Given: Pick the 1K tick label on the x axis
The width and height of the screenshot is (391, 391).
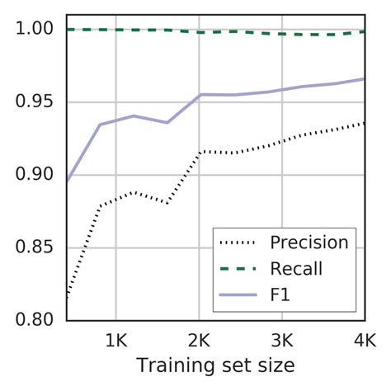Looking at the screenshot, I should [115, 340].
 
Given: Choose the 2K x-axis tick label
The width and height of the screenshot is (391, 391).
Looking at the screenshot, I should [199, 340].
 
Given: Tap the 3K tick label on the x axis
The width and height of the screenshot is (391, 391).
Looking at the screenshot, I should [282, 340].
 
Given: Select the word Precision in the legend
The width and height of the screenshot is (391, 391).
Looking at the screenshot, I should [309, 243].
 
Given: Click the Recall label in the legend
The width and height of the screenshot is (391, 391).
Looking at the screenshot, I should [295, 268].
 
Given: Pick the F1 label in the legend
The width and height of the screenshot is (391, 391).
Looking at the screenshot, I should [280, 293].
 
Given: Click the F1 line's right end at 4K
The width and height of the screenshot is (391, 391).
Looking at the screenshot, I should [365, 79].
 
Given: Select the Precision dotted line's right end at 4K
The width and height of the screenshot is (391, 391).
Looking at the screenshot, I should [365, 123].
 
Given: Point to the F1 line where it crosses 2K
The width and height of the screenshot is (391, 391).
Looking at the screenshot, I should [199, 95].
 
